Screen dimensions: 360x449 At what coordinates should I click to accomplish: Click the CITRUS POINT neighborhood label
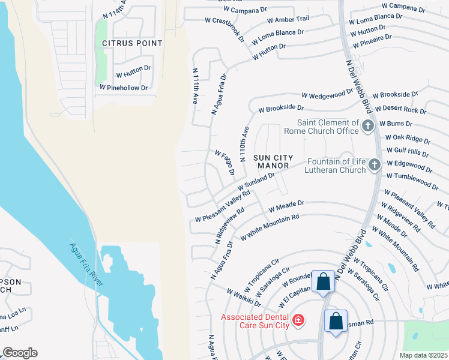click(x=132, y=43)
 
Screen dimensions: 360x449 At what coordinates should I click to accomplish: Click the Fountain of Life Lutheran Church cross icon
click(x=374, y=164)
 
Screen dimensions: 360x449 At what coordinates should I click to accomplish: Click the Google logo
click(x=20, y=353)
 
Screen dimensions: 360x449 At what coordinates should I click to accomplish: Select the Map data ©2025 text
click(x=423, y=355)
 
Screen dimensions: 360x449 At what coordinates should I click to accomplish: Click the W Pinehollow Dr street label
click(x=124, y=88)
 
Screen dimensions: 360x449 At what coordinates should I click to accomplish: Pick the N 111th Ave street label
click(x=195, y=86)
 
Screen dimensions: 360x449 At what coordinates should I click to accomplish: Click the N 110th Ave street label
click(x=244, y=144)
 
